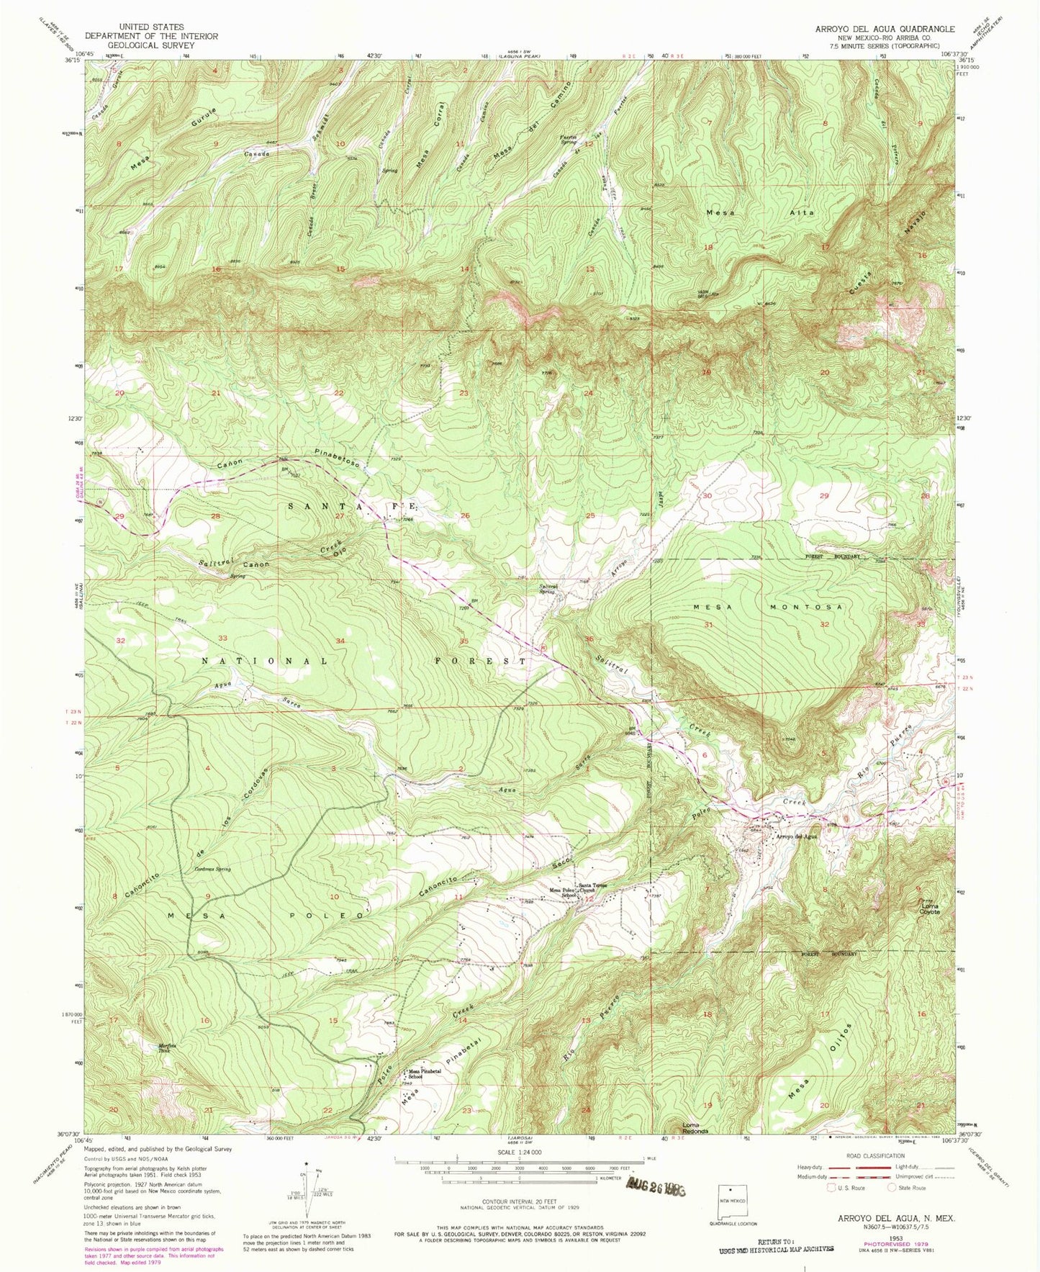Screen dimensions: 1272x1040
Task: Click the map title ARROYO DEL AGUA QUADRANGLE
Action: tap(885, 29)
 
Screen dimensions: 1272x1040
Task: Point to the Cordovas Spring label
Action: tap(209, 869)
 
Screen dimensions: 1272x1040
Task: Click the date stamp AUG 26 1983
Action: tap(657, 1188)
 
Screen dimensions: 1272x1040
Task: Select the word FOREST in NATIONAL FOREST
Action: tap(481, 660)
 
